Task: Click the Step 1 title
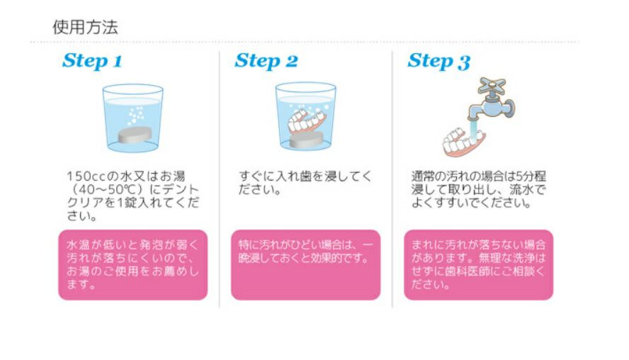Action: pos(92,61)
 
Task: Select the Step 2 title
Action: pos(266,61)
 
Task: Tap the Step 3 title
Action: pos(438,62)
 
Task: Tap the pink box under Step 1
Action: pos(132,264)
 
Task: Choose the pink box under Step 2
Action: pos(305,264)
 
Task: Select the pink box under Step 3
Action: pos(478,264)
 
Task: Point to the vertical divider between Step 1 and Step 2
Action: pos(219,177)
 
